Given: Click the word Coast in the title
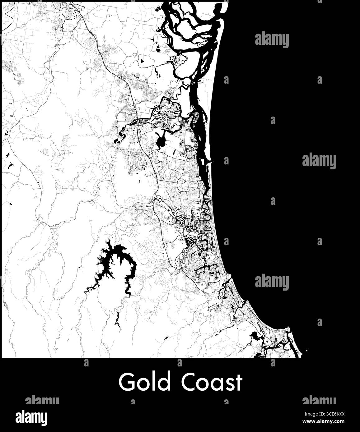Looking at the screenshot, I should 212,382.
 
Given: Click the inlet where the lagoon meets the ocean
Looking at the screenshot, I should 212,162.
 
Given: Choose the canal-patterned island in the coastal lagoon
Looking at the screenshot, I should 196,117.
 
